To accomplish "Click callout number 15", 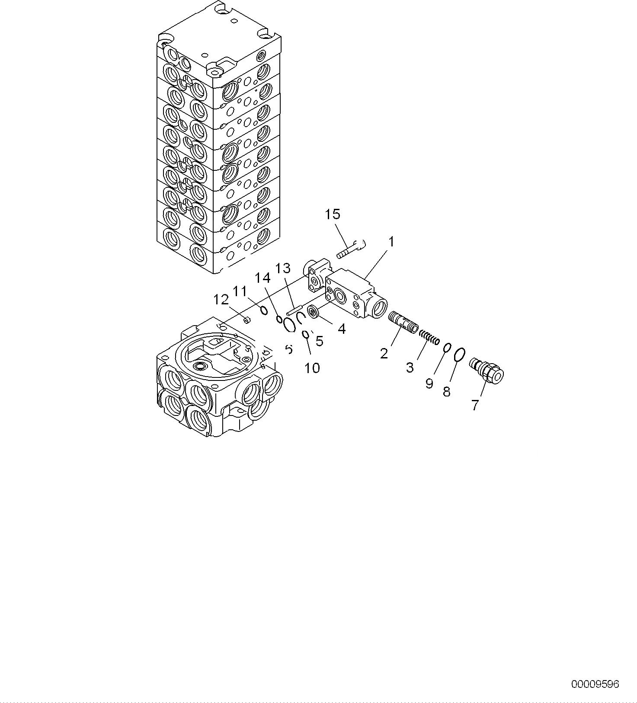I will (333, 214).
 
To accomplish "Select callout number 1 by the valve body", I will (391, 242).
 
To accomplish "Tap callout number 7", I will (475, 405).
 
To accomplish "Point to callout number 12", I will (221, 299).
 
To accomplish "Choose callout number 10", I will (312, 368).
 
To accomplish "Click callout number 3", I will (410, 367).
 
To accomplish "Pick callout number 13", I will (283, 268).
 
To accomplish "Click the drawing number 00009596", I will (595, 684).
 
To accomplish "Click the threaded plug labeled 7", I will (487, 371).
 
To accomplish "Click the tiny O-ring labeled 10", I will (305, 334).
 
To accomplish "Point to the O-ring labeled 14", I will (279, 320).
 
